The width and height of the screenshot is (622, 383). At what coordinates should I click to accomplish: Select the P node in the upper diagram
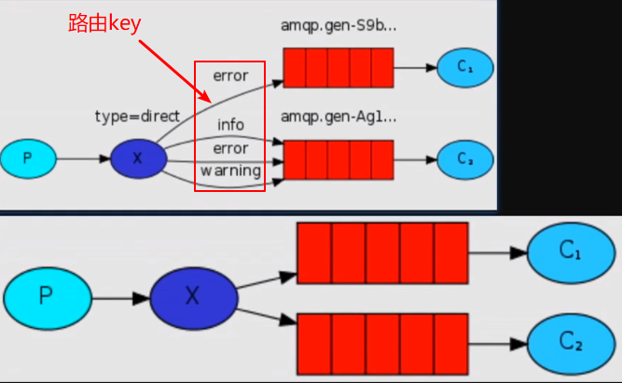pyautogui.click(x=27, y=158)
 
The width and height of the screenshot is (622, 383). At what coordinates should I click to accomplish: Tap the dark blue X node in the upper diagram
pyautogui.click(x=138, y=158)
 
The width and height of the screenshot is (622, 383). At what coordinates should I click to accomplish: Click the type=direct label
pyautogui.click(x=136, y=116)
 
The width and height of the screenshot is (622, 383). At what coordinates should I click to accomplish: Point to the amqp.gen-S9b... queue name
pyautogui.click(x=338, y=26)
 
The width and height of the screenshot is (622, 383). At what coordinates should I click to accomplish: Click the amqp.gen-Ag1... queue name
pyautogui.click(x=338, y=117)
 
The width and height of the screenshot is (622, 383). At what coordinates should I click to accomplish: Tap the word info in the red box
pyautogui.click(x=230, y=124)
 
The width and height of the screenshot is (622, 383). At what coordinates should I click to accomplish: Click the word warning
pyautogui.click(x=230, y=171)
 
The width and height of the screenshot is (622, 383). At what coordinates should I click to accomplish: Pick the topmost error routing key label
pyautogui.click(x=230, y=74)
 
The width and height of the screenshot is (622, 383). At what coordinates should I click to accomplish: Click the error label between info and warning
pyautogui.click(x=230, y=148)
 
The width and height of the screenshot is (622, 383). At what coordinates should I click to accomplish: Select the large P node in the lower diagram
pyautogui.click(x=47, y=297)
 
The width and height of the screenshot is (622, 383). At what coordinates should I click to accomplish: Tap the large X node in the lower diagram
pyautogui.click(x=192, y=297)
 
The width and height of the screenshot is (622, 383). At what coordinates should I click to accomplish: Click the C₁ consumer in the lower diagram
pyautogui.click(x=569, y=252)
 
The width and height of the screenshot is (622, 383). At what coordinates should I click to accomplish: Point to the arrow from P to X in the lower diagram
pyautogui.click(x=120, y=298)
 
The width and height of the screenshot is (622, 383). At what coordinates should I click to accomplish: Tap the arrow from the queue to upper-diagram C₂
pyautogui.click(x=415, y=159)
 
